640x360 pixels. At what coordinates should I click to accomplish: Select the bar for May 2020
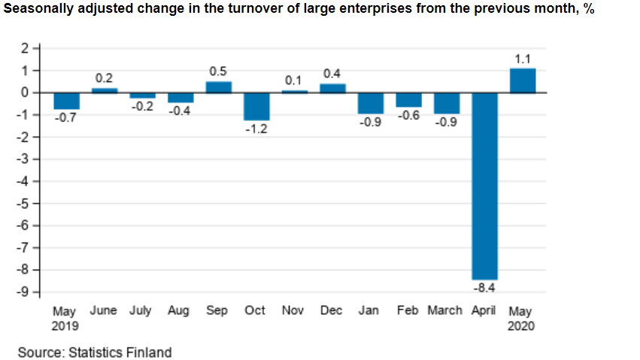coord(523,80)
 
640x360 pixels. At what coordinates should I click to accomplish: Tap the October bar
coord(256,106)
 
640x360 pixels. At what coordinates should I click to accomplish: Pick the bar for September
coord(218,86)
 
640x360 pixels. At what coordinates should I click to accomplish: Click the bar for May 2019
coord(66,101)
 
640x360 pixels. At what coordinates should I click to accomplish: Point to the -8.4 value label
coord(484,288)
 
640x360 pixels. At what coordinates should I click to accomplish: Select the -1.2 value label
coord(256,129)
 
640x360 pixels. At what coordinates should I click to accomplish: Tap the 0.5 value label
coord(218,71)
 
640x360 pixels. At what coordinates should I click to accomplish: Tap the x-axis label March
coord(444,310)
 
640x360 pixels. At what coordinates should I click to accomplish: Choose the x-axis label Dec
coord(332,310)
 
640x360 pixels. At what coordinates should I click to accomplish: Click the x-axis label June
coord(103,310)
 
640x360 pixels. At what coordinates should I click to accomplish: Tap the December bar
coord(332,88)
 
